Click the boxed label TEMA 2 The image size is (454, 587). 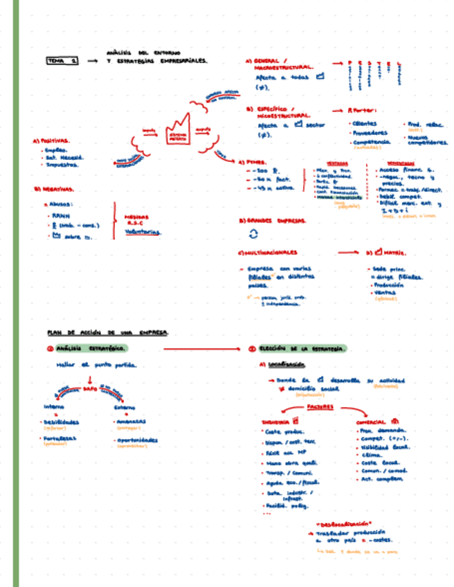62,61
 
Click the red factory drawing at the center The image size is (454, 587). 178,128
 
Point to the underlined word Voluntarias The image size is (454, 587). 143,232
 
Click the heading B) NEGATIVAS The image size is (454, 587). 54,188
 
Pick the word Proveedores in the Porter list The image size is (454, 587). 370,132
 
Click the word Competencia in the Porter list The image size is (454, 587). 372,142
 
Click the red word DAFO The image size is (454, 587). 91,390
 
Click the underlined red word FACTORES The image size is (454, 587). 320,407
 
